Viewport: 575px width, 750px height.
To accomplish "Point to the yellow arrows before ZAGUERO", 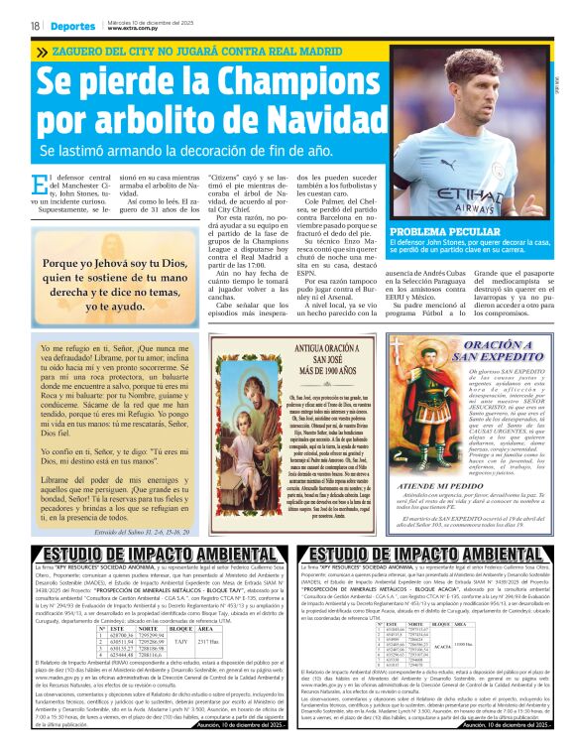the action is pos(42,53).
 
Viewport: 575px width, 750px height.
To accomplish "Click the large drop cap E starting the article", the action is pos(40,186).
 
